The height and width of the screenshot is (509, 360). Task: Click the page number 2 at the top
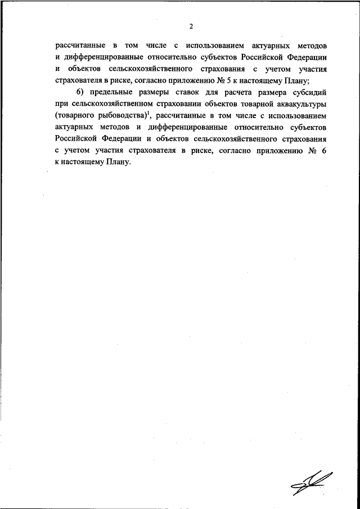tap(191, 26)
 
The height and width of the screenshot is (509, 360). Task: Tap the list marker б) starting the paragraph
tap(79, 92)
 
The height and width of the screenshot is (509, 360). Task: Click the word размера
tap(283, 92)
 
